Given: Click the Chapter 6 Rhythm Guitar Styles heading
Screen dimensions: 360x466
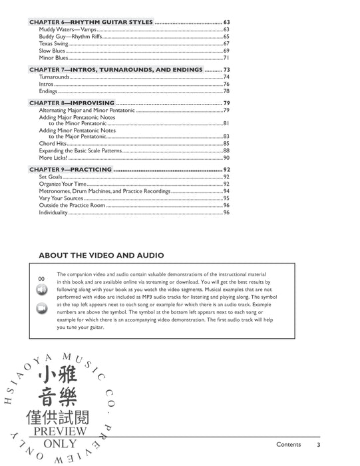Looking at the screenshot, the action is pos(91,22).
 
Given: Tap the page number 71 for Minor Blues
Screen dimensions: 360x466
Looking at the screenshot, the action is pos(226,58).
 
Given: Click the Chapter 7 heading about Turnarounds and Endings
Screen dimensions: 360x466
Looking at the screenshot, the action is pos(116,69).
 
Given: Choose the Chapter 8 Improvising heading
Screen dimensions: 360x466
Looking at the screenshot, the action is pos(73,103).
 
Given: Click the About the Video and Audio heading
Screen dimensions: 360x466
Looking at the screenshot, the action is pos(101,255).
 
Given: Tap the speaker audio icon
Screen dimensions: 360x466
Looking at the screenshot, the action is pos(42,290).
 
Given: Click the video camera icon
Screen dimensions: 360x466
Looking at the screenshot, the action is pos(42,308).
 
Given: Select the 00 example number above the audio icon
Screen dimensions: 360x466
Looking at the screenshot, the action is pos(41,278).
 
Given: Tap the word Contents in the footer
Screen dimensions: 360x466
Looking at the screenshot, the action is pos(289,445).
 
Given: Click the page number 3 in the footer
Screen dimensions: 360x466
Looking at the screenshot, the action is pos(319,445).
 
